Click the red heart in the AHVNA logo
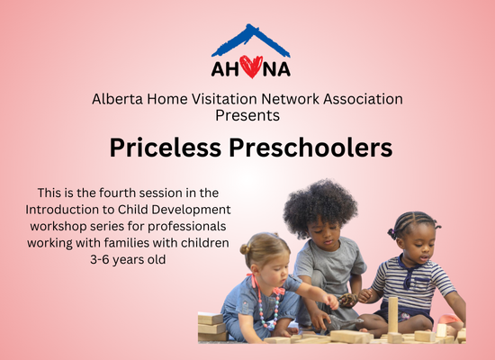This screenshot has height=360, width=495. pos(251,67)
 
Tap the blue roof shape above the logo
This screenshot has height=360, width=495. pos(251,40)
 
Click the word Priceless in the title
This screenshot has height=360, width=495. pos(165,148)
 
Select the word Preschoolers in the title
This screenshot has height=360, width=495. pos(310,148)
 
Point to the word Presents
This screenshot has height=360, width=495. pos(247,115)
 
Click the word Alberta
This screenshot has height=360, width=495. pos(117,99)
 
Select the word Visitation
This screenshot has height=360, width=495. pos(224,99)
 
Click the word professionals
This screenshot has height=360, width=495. pos(187,227)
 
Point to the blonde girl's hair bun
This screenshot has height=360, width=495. pos(245,249)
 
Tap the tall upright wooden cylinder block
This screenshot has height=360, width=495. pos(393,316)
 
